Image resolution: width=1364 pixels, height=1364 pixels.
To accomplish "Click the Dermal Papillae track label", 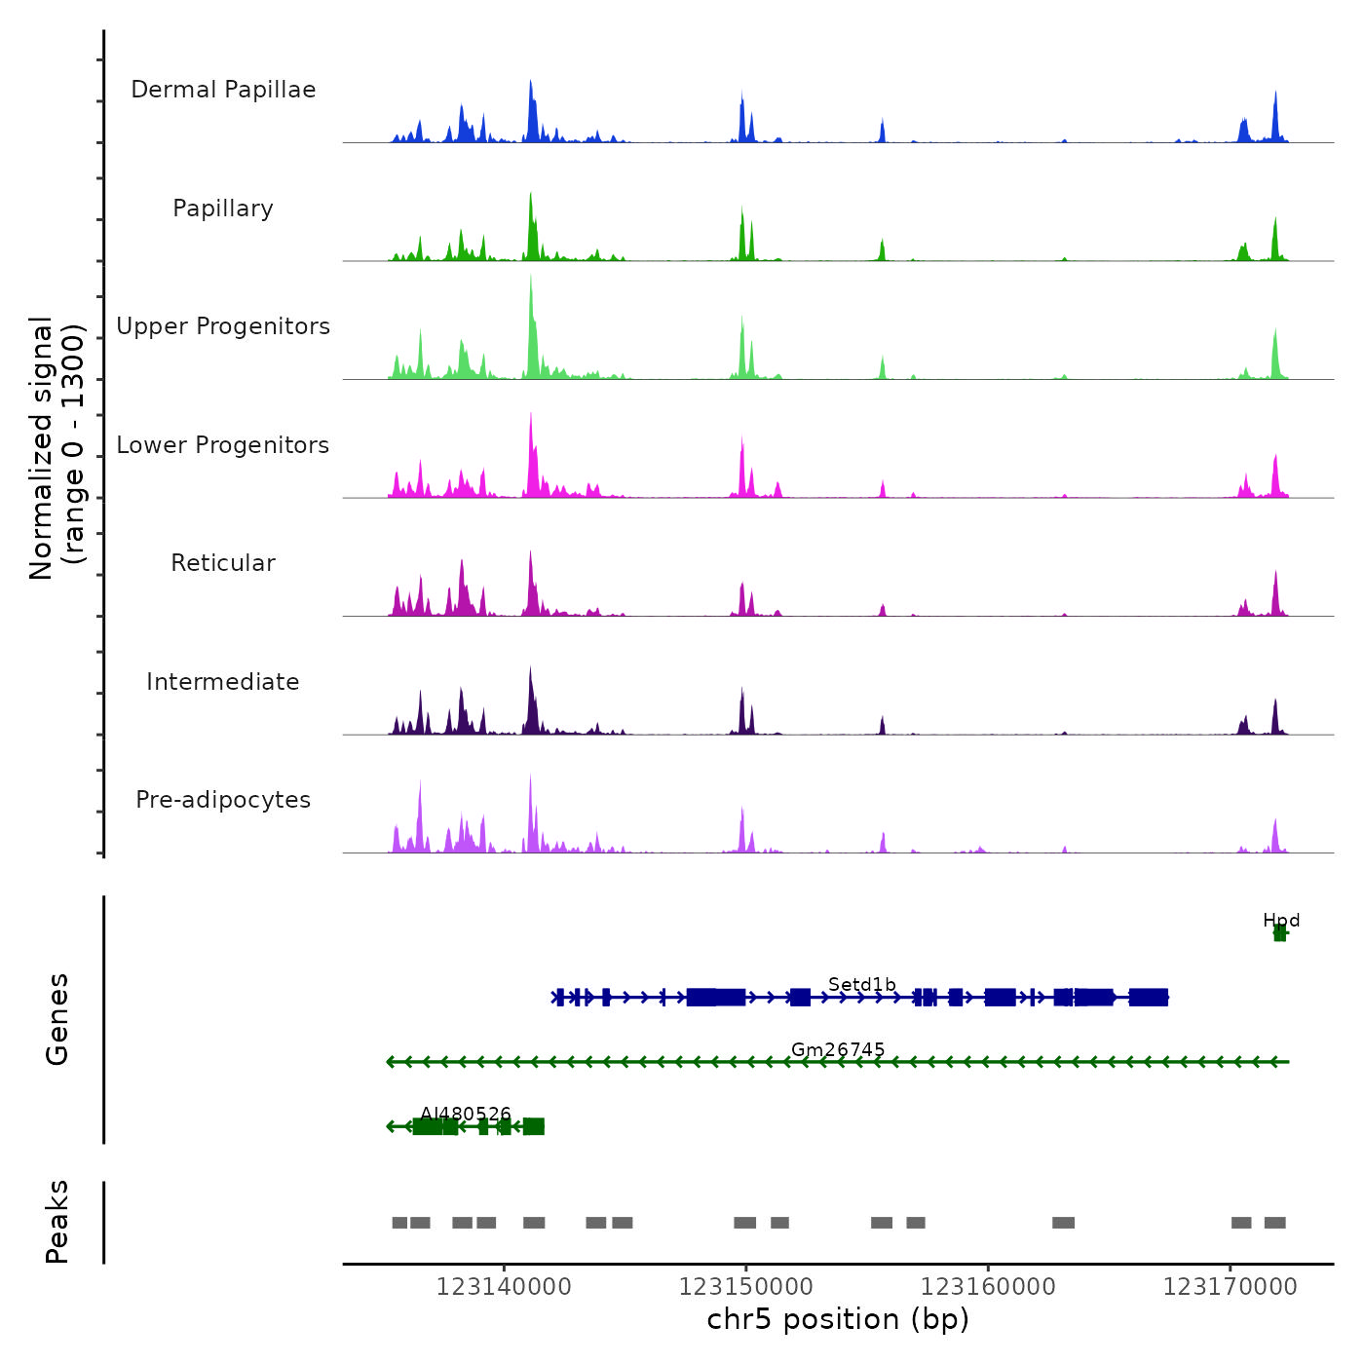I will [223, 90].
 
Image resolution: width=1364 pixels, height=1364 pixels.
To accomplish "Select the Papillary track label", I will [223, 208].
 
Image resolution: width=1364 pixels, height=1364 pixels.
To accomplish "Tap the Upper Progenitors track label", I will [223, 326].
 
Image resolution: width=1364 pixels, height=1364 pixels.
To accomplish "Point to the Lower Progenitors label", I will [223, 445].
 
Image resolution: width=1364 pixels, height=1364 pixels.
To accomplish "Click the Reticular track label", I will [223, 563].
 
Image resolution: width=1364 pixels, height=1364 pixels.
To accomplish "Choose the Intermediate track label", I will [223, 682].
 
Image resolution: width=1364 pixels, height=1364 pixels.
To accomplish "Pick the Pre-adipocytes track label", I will [223, 800].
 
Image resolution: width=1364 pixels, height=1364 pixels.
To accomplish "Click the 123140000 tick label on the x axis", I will [504, 1287].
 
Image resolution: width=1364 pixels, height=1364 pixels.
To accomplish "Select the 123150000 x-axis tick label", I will [746, 1287].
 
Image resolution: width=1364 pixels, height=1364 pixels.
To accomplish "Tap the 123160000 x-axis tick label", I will [988, 1287].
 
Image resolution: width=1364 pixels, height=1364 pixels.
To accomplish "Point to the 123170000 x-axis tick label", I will [1231, 1287].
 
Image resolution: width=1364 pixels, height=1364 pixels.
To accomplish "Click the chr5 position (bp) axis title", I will [838, 1320].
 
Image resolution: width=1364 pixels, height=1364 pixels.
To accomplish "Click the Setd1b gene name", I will [862, 985].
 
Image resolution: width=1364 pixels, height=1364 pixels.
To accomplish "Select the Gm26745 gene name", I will [838, 1049].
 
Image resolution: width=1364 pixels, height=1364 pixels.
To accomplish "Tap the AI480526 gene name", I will [466, 1114].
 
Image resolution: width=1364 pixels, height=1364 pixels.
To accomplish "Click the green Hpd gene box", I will [1279, 933].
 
